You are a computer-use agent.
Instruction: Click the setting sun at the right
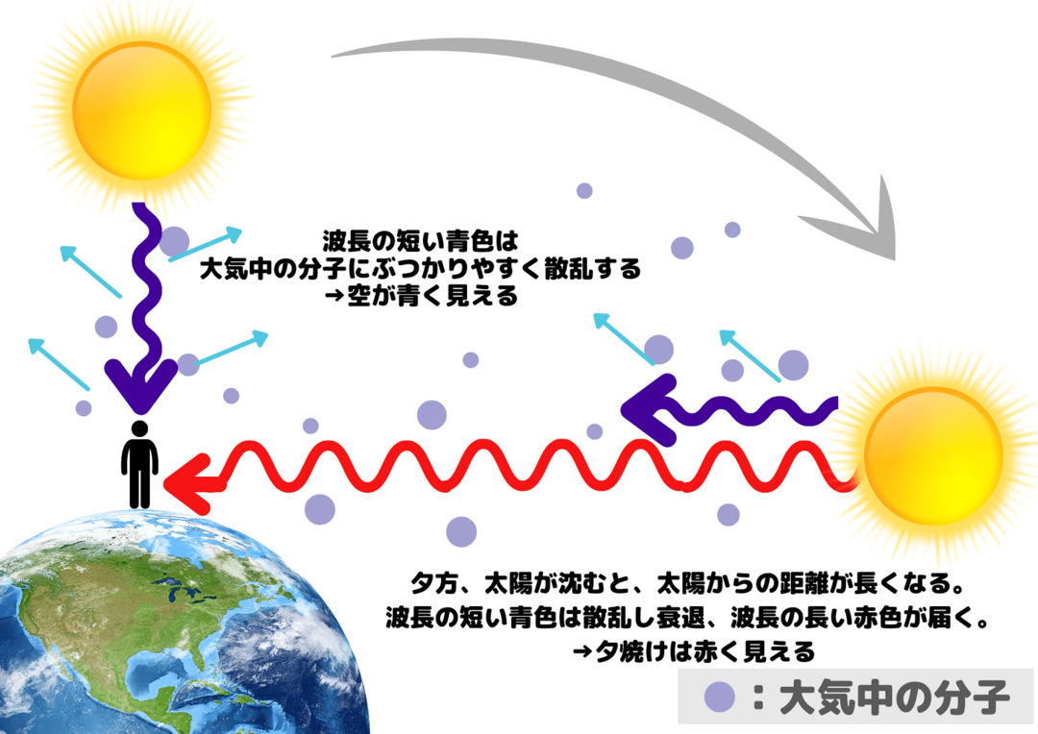933,456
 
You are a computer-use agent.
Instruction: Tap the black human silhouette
139,464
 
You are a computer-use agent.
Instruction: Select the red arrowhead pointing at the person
188,484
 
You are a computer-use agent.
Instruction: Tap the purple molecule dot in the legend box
720,697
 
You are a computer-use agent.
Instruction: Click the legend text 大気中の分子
895,697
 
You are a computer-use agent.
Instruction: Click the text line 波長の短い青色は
420,240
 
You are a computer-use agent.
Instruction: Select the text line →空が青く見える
421,296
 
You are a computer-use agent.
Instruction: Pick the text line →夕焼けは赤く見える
693,652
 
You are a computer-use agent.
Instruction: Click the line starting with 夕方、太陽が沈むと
686,584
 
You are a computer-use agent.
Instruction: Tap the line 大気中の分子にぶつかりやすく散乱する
420,268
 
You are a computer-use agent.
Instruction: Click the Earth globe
179,623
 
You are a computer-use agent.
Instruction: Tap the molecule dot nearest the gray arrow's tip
732,230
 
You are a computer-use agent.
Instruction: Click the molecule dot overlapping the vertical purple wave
174,241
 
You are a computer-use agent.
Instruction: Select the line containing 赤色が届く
687,618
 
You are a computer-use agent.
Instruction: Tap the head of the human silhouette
139,428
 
